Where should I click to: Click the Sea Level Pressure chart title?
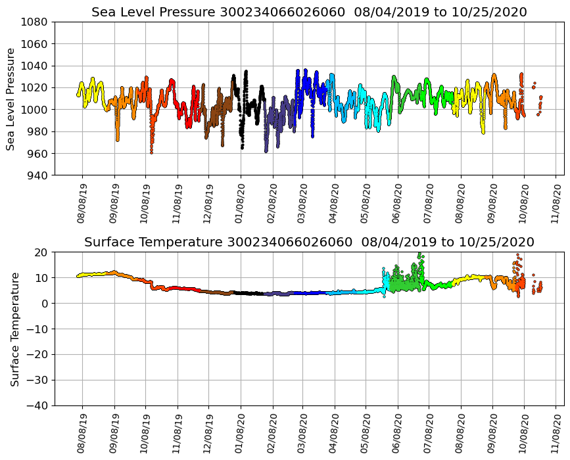point(309,12)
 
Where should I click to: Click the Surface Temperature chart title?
point(309,242)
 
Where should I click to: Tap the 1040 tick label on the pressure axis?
point(36,66)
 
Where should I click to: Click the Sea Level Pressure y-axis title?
point(11,99)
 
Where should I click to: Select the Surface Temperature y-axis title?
point(14,329)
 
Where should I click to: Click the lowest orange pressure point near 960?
point(151,152)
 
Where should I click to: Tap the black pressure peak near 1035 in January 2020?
point(246,72)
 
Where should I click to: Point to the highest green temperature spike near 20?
point(419,254)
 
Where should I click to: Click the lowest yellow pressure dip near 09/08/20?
point(483,132)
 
